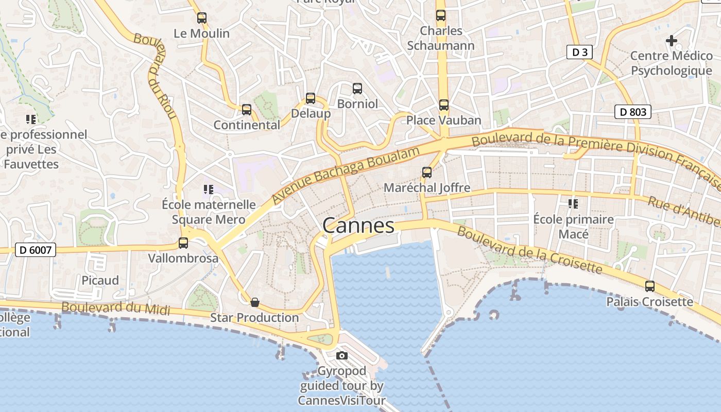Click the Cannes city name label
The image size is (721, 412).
(358, 226)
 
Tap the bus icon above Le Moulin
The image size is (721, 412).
(202, 18)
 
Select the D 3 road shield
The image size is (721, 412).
(580, 52)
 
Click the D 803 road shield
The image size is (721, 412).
(633, 112)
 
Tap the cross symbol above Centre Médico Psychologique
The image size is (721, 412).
(671, 40)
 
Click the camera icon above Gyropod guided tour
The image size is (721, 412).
(341, 355)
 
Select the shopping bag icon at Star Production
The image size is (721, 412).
(254, 302)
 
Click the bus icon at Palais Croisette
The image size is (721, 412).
(650, 286)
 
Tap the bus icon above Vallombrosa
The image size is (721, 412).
(183, 243)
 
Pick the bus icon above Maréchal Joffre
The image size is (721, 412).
(427, 173)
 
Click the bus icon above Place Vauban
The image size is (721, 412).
(443, 105)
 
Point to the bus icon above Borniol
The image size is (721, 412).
(357, 89)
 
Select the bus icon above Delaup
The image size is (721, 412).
(311, 98)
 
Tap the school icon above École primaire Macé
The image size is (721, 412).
(573, 204)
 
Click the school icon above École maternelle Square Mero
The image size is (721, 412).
(208, 190)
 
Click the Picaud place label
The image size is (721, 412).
(100, 280)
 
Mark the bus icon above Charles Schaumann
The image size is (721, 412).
(441, 15)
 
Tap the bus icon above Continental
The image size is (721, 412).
(247, 110)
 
